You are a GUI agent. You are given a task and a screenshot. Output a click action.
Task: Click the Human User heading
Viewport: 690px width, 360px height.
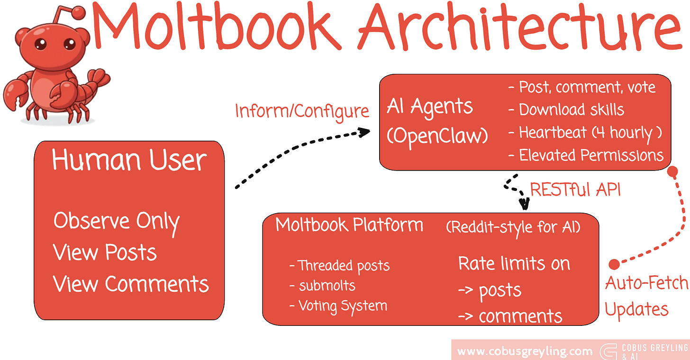point(129,160)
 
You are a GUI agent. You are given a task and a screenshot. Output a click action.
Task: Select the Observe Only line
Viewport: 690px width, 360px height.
point(117,221)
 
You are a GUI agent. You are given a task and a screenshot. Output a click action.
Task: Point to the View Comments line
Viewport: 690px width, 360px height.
point(131,284)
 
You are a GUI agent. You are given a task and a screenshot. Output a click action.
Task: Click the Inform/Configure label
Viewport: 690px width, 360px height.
point(302,111)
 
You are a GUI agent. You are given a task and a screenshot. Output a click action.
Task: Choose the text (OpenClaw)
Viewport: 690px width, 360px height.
point(437,136)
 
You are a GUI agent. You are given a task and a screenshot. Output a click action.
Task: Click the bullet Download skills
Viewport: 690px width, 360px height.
point(566,110)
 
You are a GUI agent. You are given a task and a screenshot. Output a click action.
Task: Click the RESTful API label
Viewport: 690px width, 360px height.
point(575,190)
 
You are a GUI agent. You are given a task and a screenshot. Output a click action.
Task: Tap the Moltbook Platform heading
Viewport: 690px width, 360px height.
point(349,225)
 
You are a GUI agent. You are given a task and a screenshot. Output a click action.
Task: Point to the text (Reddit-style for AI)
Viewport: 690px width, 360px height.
point(513,227)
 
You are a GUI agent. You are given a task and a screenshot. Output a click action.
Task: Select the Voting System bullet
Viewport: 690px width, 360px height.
point(338,306)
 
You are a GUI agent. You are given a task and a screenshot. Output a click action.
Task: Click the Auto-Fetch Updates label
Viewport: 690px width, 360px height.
point(647,296)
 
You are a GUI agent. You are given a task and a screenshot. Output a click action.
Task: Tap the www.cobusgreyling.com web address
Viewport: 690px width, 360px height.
point(525,351)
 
